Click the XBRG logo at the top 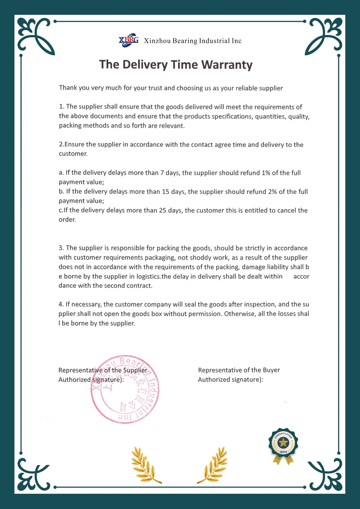pos(128,40)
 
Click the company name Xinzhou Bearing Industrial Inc pos(193,41)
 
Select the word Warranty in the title pos(227,65)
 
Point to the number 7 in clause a pos(162,173)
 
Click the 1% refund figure pos(266,173)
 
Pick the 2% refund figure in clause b pos(272,192)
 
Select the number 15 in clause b pos(165,192)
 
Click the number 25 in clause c pos(163,210)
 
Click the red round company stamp pos(125,389)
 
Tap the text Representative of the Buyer pos(239,370)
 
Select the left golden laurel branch pos(145,465)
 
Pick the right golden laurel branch pos(214,465)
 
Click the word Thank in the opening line pos(68,88)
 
